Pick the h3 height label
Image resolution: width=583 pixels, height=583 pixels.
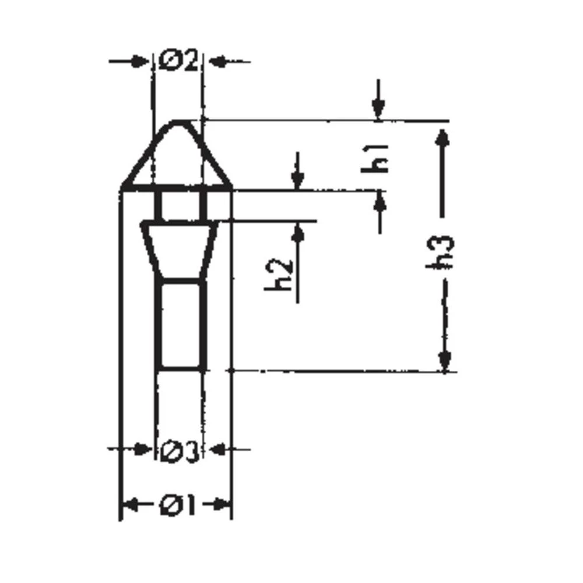[443, 252]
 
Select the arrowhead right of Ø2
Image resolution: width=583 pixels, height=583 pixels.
[216, 61]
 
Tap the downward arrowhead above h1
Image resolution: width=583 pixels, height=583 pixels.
[378, 109]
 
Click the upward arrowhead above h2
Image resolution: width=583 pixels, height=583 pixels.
[298, 233]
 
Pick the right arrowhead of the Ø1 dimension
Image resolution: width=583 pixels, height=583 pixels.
[222, 505]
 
